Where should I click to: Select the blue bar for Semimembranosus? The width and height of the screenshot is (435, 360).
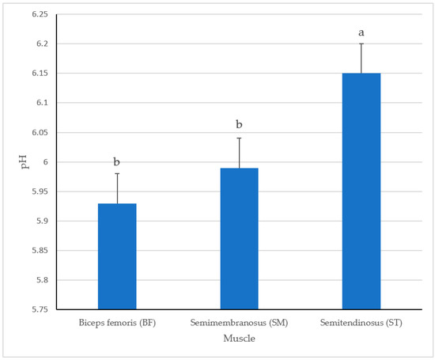click(239, 237)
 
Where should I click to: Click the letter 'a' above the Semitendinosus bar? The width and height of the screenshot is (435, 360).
click(361, 32)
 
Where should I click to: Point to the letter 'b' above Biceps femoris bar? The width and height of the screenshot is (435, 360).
click(117, 161)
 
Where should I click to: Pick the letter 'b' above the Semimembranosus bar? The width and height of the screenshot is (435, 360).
click(239, 125)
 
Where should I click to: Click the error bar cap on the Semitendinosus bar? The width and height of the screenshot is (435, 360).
click(361, 44)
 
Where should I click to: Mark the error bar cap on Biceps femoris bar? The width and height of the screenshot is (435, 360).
click(117, 174)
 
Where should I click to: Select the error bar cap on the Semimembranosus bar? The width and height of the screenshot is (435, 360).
click(239, 138)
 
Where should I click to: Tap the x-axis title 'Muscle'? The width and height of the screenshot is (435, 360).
click(239, 338)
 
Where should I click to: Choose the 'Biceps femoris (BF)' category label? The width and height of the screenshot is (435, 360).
click(117, 323)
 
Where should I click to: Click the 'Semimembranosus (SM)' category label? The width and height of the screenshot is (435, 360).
click(239, 323)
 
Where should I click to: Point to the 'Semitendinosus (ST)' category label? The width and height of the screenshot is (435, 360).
click(361, 323)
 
